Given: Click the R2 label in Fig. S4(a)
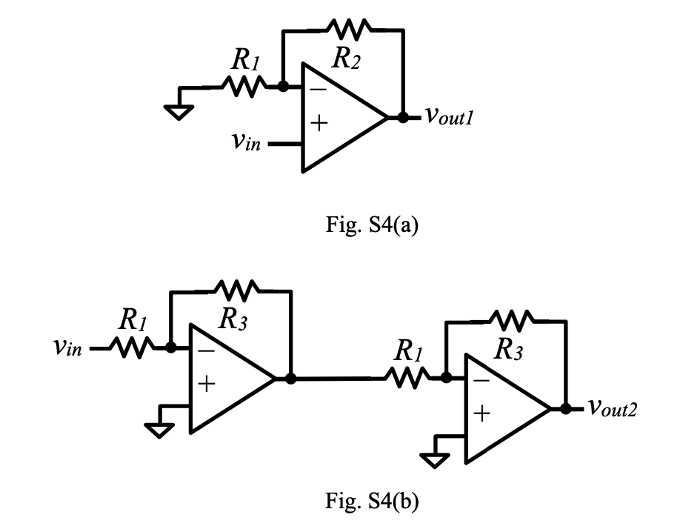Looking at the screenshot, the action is point(346,58).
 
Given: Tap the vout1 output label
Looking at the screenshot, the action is point(449,116).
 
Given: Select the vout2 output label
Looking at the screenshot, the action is point(613,407).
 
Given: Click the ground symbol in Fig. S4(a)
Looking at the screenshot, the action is point(179,112).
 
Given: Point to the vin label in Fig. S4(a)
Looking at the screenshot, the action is point(246,142).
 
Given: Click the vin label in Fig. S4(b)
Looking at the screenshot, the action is point(67,347).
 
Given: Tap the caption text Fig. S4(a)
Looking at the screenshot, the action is point(372,224).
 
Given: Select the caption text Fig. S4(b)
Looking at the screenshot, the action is point(372,500).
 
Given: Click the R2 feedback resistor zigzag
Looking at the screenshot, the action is point(349,29).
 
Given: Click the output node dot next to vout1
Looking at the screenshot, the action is point(403,117).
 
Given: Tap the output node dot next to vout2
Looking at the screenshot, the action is point(565,409).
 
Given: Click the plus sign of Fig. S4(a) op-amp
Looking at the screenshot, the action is point(319,123).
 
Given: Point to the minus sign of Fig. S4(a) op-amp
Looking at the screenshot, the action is point(319,90).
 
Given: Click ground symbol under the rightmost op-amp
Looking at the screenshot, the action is point(434,460).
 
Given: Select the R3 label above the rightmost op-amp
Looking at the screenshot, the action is point(509,350).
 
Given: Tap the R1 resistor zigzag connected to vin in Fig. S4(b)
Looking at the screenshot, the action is point(131,347).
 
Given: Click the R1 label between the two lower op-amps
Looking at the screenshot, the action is point(408,350).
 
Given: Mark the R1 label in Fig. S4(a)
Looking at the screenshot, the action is point(246,59).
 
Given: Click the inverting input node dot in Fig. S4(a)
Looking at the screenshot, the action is point(283,86).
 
